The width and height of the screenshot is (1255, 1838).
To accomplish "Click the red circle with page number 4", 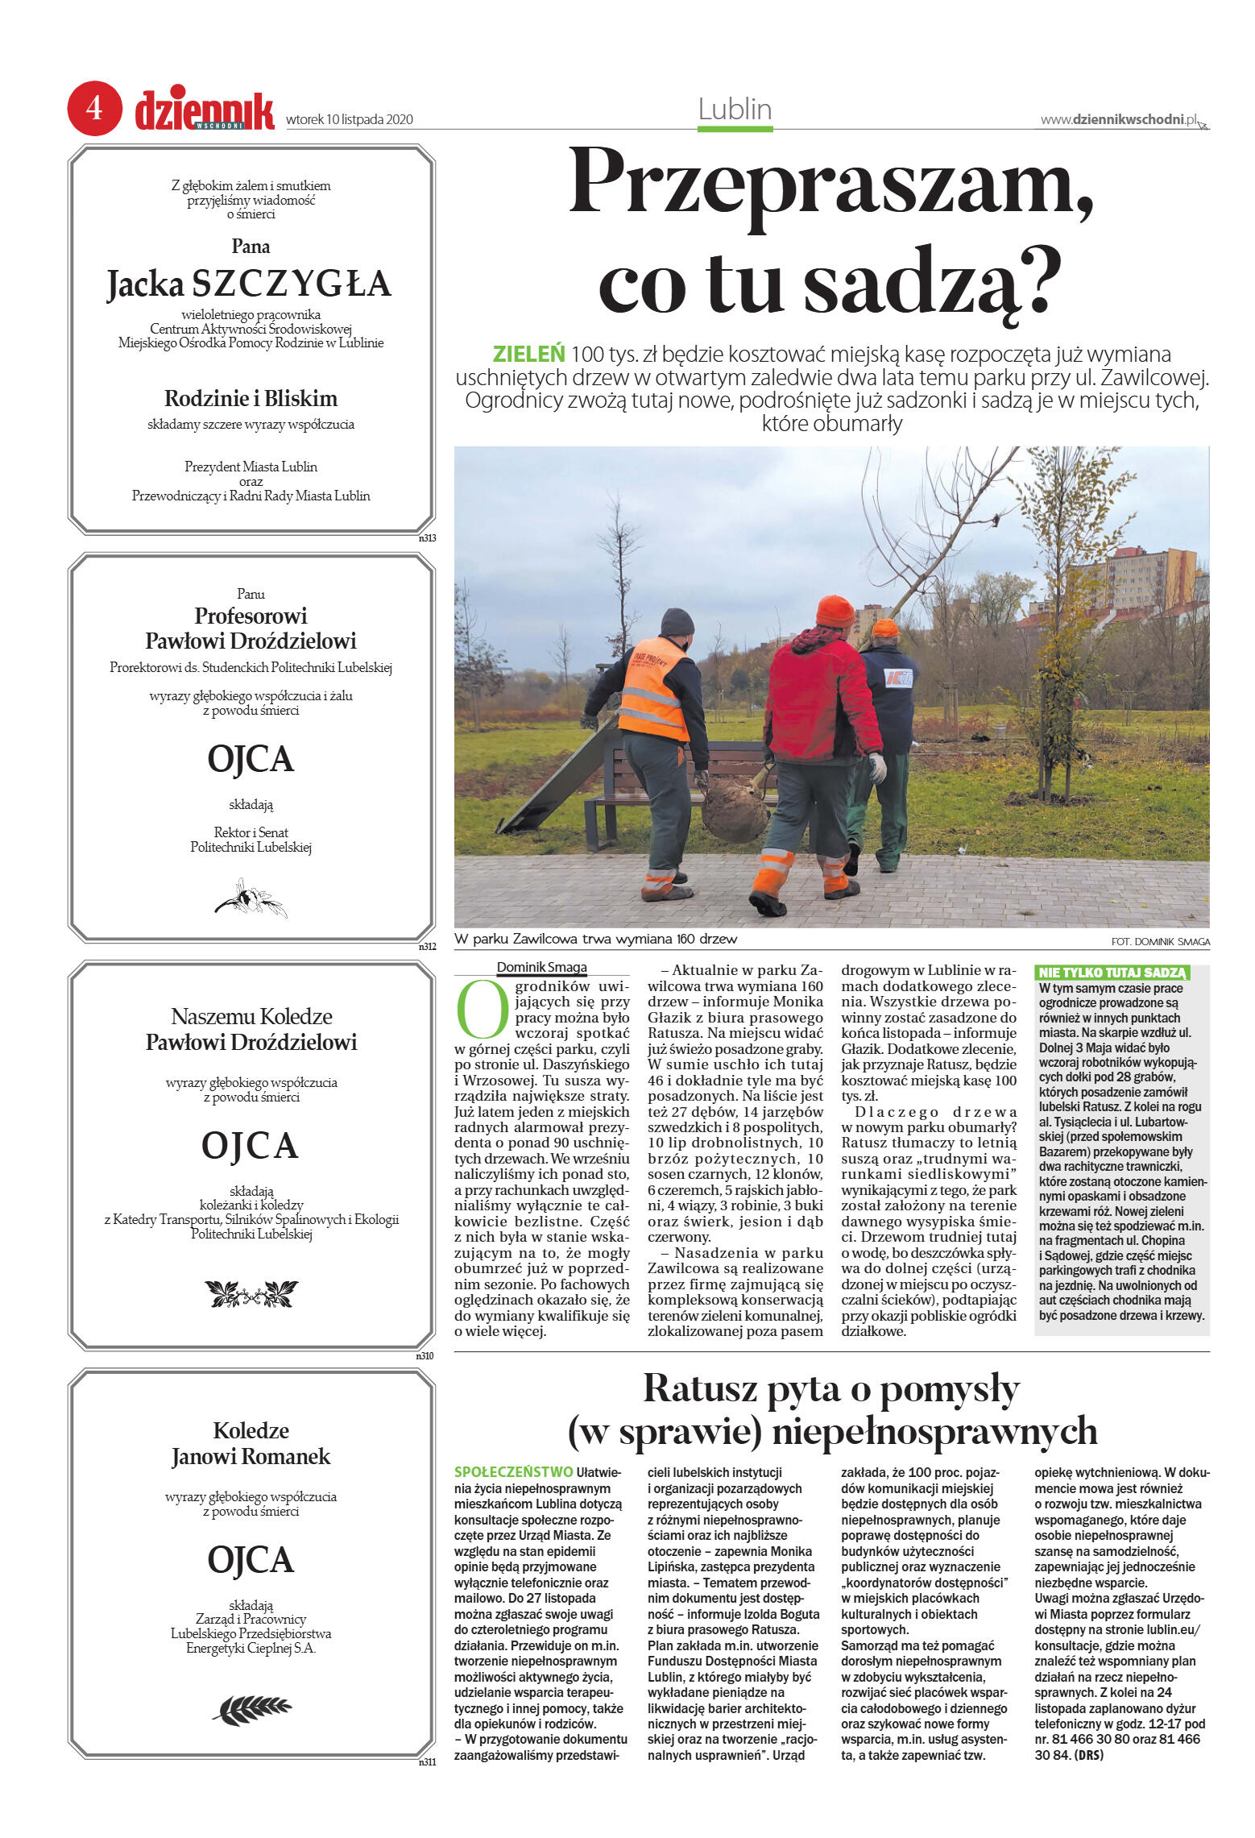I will tap(94, 108).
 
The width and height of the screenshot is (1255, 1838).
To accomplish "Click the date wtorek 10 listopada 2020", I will tap(350, 120).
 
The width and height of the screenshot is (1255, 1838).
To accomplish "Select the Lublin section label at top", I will tap(735, 109).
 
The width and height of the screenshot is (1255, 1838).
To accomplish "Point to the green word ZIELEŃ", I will tap(528, 354).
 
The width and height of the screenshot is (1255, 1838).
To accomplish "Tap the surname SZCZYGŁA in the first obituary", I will tap(292, 284).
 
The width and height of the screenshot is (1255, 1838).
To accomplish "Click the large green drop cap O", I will tap(483, 1009).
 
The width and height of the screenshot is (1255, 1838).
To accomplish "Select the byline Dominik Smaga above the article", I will tap(541, 968).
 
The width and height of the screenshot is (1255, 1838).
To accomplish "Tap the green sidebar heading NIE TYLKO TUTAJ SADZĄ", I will tap(1112, 973).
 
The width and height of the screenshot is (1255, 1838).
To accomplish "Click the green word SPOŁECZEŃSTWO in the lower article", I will tap(514, 1472).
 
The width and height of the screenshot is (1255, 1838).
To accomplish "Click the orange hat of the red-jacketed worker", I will tap(835, 612).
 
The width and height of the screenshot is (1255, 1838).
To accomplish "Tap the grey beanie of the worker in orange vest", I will tap(677, 621).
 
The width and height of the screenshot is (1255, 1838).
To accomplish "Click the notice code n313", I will tap(427, 538).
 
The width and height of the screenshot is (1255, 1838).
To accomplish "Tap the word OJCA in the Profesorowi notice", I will tap(251, 759).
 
